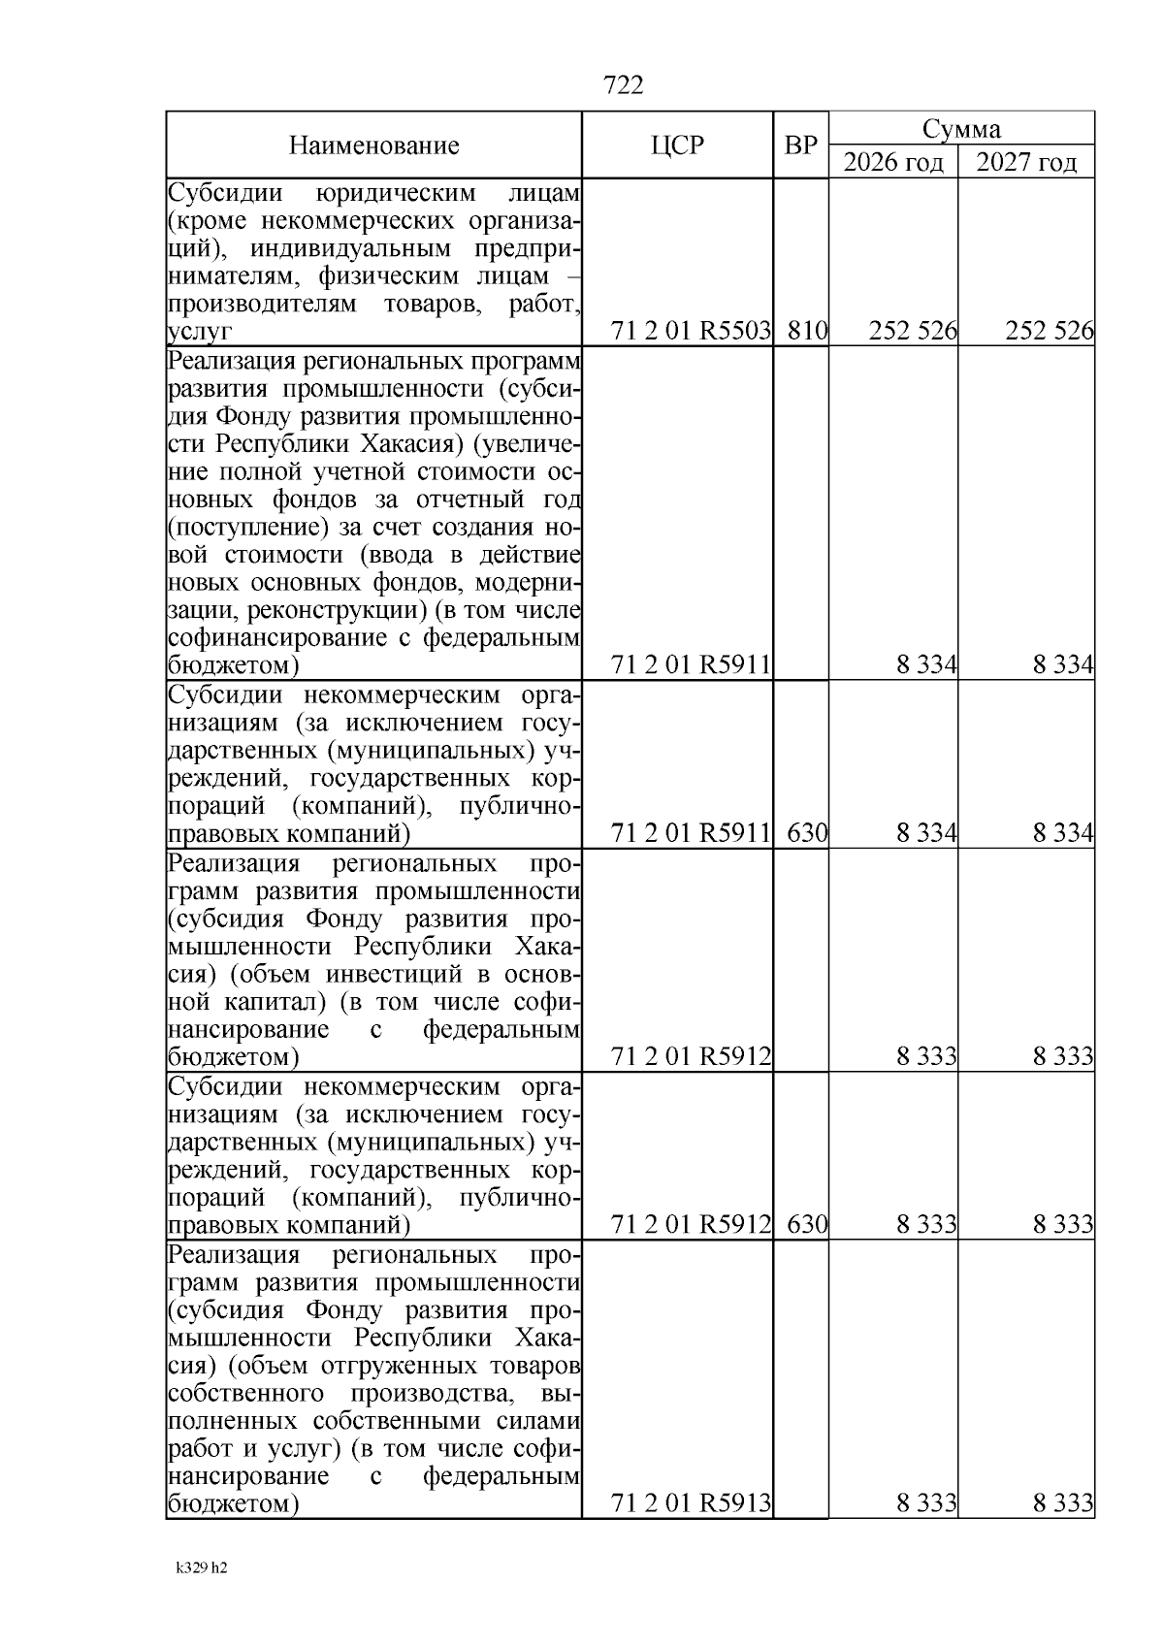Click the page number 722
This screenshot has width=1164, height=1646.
(x=623, y=86)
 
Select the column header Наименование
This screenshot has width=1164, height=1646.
(x=373, y=146)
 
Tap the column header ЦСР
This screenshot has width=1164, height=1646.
(x=677, y=145)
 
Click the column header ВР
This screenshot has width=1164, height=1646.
(x=800, y=145)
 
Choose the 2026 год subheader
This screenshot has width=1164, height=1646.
(x=892, y=162)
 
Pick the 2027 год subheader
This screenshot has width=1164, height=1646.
(x=1026, y=162)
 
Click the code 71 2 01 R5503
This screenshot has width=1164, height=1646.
(x=692, y=332)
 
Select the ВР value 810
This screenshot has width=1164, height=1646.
(x=806, y=332)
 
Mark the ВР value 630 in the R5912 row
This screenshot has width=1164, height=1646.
(x=806, y=1225)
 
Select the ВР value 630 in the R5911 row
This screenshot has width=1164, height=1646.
(x=806, y=833)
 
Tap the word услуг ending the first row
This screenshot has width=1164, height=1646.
(x=200, y=333)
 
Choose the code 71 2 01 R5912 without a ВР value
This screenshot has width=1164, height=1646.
(x=692, y=1057)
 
